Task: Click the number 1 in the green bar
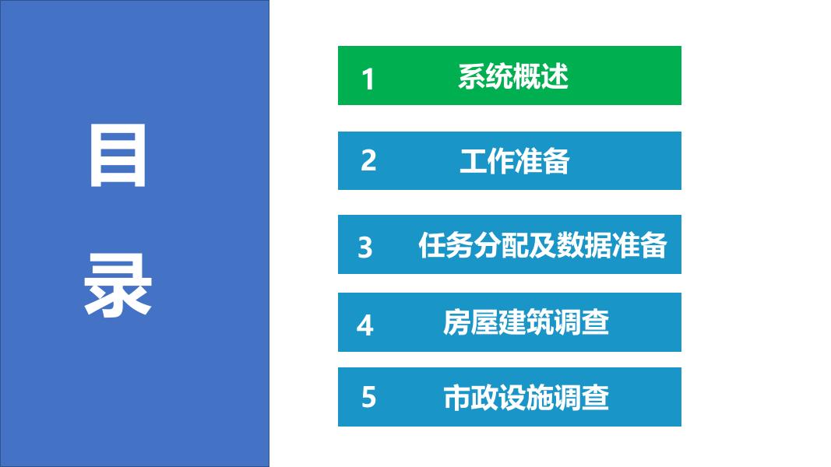point(368,79)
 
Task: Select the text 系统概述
point(513,76)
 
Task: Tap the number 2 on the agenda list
point(368,160)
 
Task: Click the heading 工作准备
point(515,161)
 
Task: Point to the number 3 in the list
point(365,248)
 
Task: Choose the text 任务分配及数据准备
point(542,245)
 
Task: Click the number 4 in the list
point(365,325)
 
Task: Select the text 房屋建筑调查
point(526,322)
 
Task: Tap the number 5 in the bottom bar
point(368,397)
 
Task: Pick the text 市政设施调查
point(526,398)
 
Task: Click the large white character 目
point(118,155)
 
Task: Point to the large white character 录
point(118,285)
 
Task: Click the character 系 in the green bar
point(472,76)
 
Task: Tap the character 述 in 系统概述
point(555,76)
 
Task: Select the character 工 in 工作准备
point(473,161)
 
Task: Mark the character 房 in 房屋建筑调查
point(457,322)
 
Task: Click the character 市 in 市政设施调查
point(457,398)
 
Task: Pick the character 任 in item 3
point(432,245)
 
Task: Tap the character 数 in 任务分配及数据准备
point(570,245)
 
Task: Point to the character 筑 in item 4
point(540,322)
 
